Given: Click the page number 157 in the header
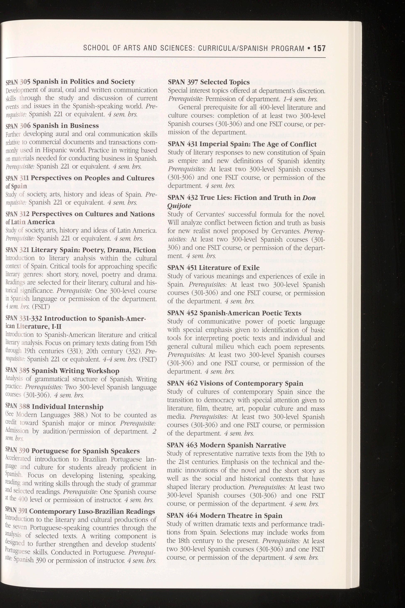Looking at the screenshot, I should click(319, 48).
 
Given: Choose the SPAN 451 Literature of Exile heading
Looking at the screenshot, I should click(213, 268).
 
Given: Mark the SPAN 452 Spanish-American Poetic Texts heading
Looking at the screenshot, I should click(234, 313).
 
